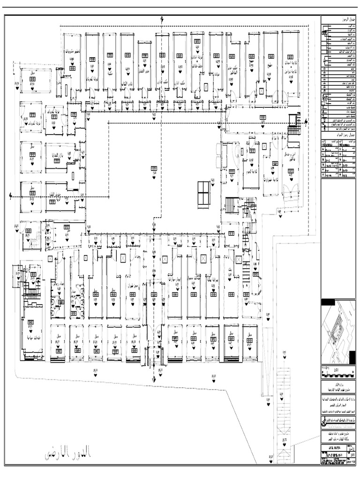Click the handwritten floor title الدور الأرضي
coord(68,454)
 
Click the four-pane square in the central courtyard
coord(205,192)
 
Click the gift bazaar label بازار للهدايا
coord(56,155)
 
